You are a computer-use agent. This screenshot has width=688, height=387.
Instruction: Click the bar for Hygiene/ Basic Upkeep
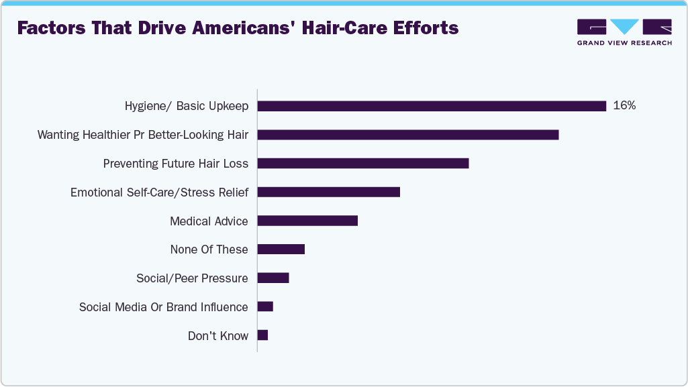coord(432,106)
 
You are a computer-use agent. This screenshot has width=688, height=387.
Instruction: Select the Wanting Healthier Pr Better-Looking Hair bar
coord(408,135)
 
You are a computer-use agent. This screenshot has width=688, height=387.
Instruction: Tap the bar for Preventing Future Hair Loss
coord(362,164)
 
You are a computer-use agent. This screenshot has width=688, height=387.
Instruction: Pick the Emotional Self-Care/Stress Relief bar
coord(328,192)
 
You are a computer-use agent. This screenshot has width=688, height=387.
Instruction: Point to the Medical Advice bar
coord(307,221)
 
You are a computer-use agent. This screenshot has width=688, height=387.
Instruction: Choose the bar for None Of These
coord(281,250)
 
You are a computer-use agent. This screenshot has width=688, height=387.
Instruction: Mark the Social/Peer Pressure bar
coord(273,278)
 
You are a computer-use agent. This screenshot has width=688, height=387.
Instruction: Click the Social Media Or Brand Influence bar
coord(265,307)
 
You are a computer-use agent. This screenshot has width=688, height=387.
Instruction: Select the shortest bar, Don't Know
coord(262,335)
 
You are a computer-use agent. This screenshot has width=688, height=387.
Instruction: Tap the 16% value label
coord(624,106)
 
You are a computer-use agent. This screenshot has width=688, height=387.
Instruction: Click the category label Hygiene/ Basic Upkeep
coord(186,106)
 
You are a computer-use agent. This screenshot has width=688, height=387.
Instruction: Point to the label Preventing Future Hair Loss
coord(175,164)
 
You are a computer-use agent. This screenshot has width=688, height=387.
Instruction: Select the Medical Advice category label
coord(209,221)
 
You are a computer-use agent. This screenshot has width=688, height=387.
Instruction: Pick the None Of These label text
coord(209,250)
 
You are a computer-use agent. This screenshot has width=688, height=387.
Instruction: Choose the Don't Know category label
coord(217,335)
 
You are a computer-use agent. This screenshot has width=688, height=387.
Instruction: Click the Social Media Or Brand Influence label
coord(163,307)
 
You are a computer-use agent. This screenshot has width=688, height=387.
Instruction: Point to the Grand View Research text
coord(624,43)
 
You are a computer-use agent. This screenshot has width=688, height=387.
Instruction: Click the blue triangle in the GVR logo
coord(624,26)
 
